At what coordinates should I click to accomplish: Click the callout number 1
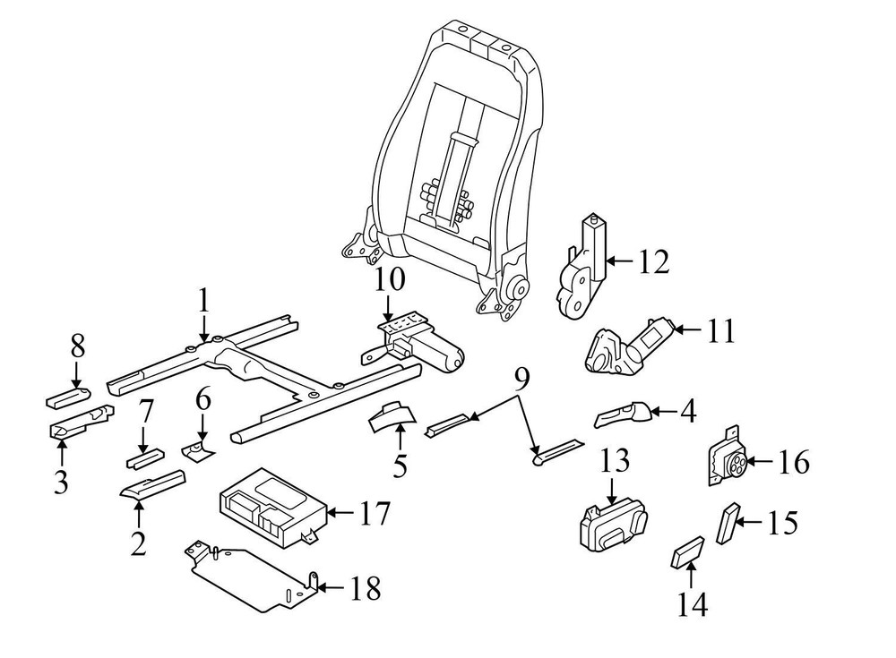203,302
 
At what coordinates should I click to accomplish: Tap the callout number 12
654,262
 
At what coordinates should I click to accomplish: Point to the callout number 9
522,380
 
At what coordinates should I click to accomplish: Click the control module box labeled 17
271,505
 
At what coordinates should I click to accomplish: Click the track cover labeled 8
69,396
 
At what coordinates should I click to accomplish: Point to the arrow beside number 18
330,587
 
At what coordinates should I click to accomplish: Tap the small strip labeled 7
143,461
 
